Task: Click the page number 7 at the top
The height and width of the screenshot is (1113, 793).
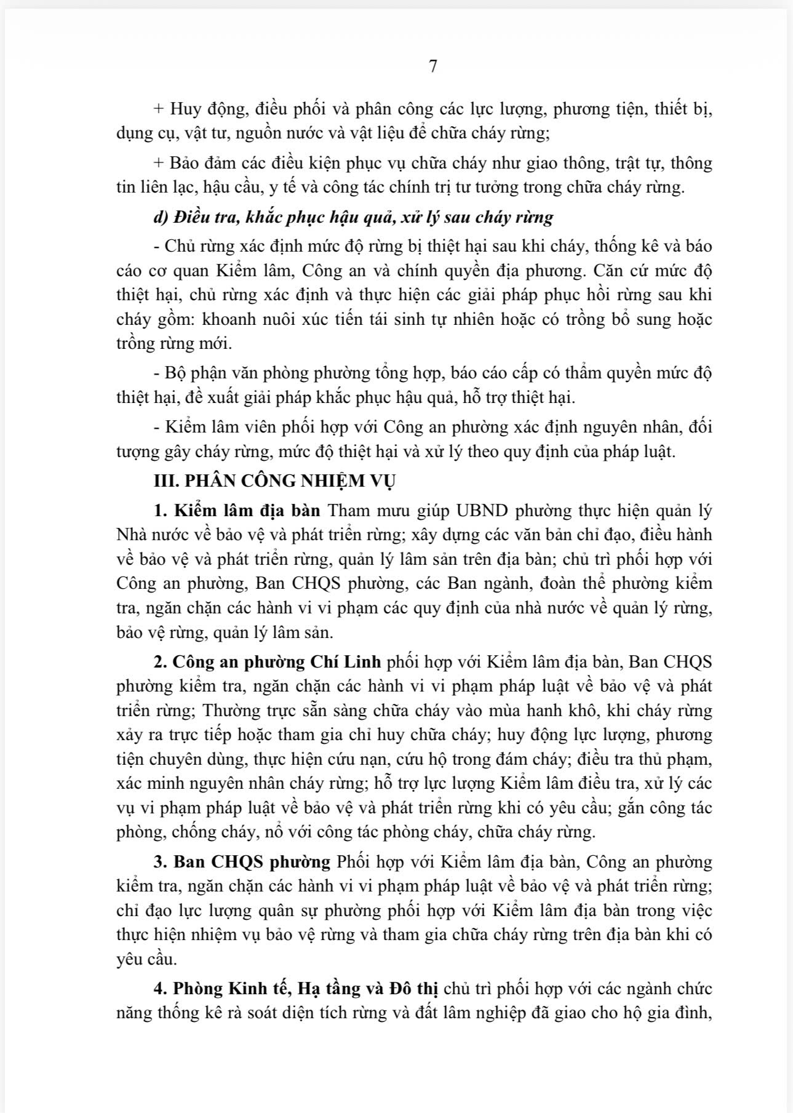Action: click(432, 66)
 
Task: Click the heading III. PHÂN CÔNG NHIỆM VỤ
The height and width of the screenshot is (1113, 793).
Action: click(274, 481)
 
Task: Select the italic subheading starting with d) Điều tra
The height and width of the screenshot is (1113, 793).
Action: click(353, 217)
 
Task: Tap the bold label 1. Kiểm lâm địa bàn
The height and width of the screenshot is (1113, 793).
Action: click(238, 511)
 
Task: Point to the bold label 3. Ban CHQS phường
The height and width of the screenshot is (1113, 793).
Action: click(242, 862)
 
